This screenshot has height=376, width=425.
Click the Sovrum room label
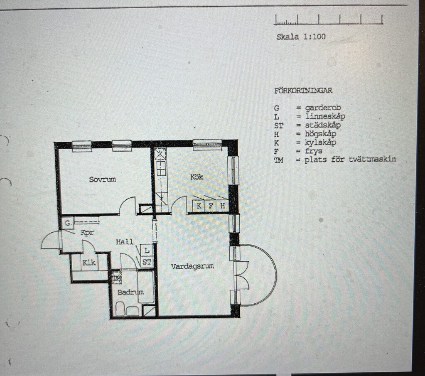103,179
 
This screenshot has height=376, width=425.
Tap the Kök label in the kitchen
197,177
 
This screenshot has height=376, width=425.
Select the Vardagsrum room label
192,266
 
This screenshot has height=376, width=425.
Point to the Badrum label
130,292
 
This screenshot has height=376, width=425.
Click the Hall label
125,242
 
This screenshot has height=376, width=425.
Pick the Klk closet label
89,263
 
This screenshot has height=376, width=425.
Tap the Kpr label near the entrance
87,233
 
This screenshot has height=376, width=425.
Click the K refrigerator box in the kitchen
199,206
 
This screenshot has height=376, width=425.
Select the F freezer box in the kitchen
210,206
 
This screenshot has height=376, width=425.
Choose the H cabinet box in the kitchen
222,206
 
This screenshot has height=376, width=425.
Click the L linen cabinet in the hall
147,250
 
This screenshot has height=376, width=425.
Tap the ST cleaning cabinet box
147,262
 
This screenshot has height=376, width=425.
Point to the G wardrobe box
68,224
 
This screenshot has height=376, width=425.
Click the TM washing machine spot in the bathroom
117,278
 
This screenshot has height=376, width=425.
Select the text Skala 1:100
301,37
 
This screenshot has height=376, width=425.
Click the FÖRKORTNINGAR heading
303,91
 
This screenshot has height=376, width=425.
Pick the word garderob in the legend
323,108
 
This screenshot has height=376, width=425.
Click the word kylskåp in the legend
320,143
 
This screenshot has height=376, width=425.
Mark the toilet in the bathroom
120,309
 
